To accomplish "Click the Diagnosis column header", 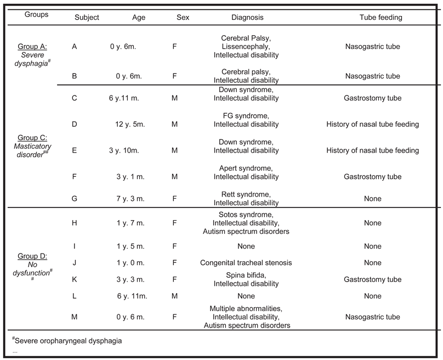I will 246,18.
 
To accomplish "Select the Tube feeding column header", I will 380,18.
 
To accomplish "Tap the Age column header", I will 139,18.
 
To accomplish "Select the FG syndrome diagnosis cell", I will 246,120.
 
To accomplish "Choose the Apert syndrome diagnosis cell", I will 246,172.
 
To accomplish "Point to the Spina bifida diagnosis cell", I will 246,275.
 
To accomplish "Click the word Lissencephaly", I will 246,47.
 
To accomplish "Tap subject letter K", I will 75,279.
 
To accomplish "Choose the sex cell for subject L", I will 174,296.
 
